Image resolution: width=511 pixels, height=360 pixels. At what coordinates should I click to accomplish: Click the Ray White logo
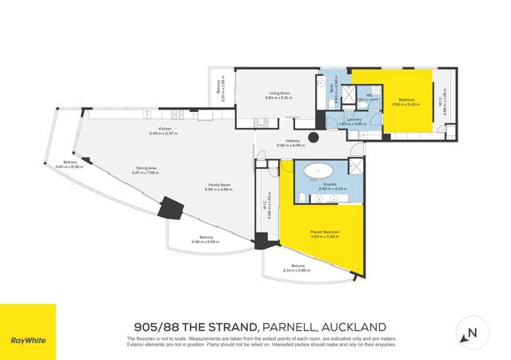tap(28, 340)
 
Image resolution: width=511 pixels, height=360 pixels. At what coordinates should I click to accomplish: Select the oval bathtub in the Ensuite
tap(324, 171)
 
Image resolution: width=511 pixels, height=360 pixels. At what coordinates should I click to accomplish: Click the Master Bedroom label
tap(325, 234)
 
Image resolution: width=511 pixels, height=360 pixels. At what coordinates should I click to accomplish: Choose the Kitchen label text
tap(166, 130)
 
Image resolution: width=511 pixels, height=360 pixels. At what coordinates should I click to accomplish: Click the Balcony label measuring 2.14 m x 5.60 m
tap(297, 267)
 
